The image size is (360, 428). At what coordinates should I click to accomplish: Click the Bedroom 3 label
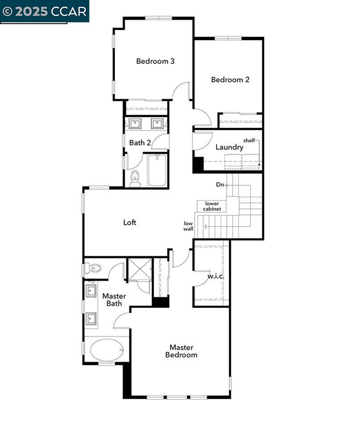[155, 61]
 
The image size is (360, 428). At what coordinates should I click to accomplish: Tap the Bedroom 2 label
[230, 80]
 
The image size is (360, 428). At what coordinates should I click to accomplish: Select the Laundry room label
[230, 147]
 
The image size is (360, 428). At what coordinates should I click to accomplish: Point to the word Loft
[130, 222]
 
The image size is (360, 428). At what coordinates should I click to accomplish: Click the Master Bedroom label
[181, 351]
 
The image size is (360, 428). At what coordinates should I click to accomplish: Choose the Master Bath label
[114, 300]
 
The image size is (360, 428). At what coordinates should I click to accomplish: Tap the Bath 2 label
[140, 143]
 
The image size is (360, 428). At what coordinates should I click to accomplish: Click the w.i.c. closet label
[216, 276]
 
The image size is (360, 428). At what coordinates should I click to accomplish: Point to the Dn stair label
[220, 185]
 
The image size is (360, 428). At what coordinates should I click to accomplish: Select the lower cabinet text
[212, 206]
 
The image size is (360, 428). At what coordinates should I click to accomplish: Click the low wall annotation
[188, 226]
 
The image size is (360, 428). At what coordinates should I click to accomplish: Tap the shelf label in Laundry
[249, 140]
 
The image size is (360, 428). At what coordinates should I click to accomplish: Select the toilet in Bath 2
[134, 179]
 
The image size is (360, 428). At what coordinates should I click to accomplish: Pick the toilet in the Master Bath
[92, 268]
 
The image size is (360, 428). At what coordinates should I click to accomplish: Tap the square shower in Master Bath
[140, 269]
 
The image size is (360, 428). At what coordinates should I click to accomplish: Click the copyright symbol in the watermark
[7, 12]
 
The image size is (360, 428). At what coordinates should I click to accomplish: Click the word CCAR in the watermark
[68, 12]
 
